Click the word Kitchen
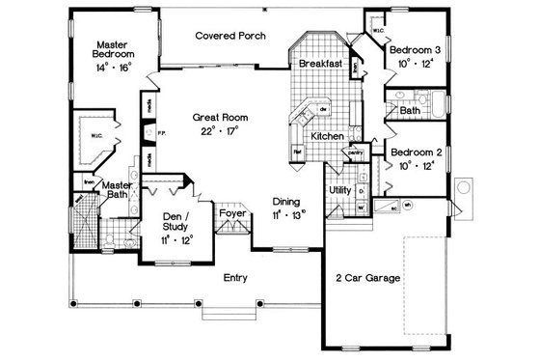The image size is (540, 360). click(327, 137)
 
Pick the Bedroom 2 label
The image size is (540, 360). click(416, 152)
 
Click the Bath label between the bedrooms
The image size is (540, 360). click(409, 111)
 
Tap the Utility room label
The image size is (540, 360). click(339, 190)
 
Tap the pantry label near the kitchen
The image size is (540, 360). click(353, 152)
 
